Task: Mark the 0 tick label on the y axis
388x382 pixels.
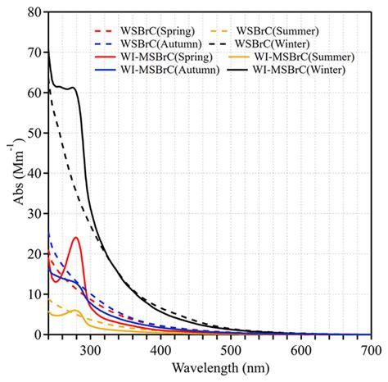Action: [37, 335]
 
